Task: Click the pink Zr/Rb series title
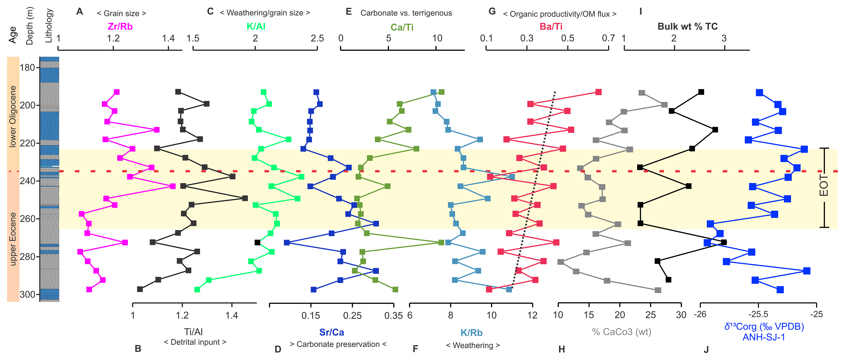[120, 27]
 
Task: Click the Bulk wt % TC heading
[688, 27]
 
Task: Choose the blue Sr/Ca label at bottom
[332, 332]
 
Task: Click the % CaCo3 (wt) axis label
[621, 332]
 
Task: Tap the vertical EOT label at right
[824, 186]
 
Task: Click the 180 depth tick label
[27, 68]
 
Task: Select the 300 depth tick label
[27, 295]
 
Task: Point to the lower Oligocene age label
[13, 116]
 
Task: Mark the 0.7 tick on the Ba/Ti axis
[608, 38]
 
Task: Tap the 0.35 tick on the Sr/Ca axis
[393, 316]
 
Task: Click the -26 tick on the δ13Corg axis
[700, 314]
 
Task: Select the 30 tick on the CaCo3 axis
[681, 315]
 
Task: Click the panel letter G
[492, 11]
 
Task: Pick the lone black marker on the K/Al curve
[257, 243]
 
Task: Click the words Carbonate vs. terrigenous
[406, 13]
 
